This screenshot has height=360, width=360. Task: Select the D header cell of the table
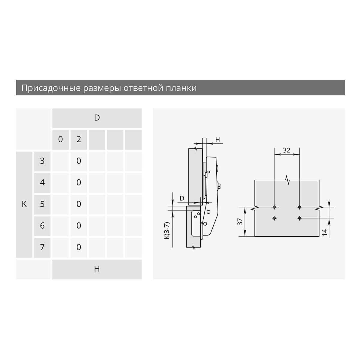click(97, 118)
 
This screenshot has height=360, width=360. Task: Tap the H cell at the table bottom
click(97, 269)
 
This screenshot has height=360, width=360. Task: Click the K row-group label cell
click(24, 204)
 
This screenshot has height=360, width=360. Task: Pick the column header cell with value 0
click(60, 139)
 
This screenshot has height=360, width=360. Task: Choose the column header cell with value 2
click(79, 139)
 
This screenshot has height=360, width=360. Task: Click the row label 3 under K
click(42, 161)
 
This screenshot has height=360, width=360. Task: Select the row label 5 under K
click(42, 204)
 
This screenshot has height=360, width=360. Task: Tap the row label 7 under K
click(42, 247)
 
